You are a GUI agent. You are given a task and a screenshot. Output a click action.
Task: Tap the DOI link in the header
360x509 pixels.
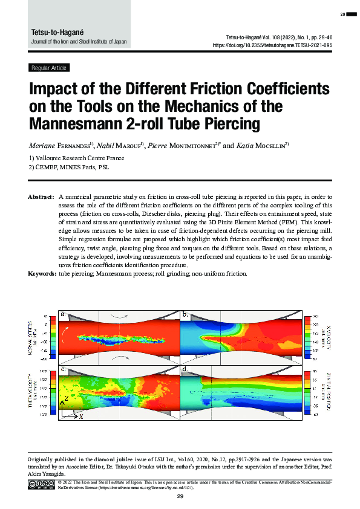point(272,45)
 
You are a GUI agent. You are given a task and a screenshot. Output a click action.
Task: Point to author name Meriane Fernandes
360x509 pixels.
point(59,146)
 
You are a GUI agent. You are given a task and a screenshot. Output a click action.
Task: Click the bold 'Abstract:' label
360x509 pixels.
point(42,197)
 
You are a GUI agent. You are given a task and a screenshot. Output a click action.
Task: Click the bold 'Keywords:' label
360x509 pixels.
point(42,274)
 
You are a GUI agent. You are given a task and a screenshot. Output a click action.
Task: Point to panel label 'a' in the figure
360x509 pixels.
point(64,314)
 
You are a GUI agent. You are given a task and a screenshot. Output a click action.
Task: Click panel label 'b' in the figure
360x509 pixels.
point(186,314)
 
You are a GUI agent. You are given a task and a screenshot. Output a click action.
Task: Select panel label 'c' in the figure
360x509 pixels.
point(64,368)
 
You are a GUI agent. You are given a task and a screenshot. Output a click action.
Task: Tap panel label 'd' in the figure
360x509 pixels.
point(186,368)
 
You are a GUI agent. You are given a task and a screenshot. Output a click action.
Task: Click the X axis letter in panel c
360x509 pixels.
point(81,417)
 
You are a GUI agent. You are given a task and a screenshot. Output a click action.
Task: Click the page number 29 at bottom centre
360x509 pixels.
point(180,496)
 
